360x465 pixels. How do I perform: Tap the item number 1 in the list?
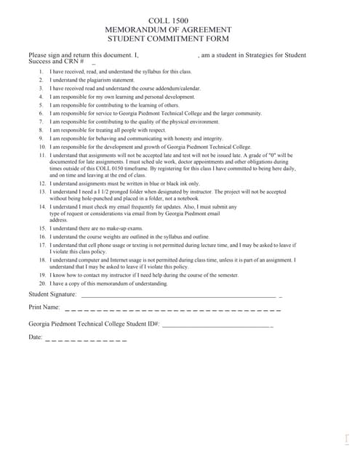41,72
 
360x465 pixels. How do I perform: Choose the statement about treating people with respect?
113,130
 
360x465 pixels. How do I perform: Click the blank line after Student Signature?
178,296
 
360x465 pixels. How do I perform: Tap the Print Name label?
44,308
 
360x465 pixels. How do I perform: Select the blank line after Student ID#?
216,325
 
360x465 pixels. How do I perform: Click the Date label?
36,338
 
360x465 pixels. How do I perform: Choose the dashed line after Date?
86,340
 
